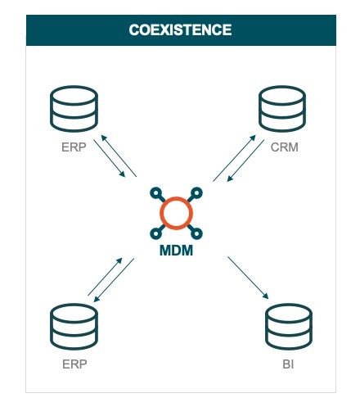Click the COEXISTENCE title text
[x=180, y=30]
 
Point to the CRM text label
[x=283, y=147]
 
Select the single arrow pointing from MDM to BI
[x=248, y=278]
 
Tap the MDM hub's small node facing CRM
[x=197, y=193]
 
